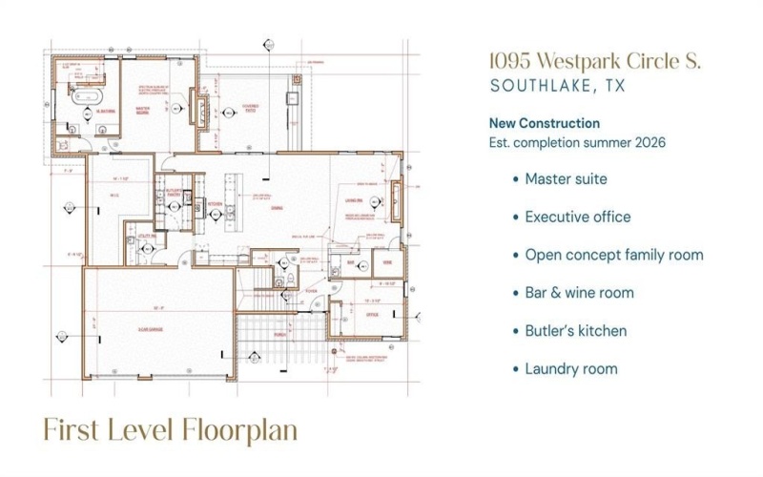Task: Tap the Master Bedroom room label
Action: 142,109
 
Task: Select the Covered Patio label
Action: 249,108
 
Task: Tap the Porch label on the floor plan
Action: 279,334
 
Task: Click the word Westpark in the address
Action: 586,61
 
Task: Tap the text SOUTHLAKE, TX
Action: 557,86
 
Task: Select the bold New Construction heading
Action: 544,123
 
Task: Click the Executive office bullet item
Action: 577,217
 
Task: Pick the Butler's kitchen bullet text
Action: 575,331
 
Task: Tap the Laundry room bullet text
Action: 570,369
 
